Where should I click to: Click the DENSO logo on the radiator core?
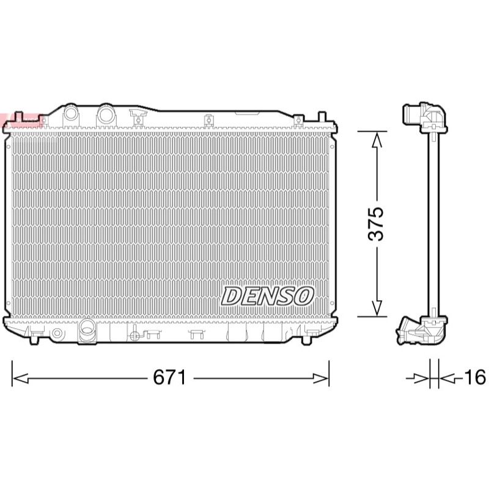click(x=267, y=296)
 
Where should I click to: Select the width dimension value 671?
click(x=169, y=377)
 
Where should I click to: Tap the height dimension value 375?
click(x=375, y=224)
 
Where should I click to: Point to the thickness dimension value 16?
click(x=475, y=377)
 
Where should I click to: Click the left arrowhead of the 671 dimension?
click(x=20, y=378)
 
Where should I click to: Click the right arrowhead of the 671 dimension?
click(x=321, y=378)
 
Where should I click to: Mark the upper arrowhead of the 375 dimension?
click(x=377, y=139)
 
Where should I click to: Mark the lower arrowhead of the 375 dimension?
click(x=377, y=308)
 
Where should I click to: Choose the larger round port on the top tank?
click(x=106, y=114)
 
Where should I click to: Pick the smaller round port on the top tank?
click(x=71, y=112)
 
